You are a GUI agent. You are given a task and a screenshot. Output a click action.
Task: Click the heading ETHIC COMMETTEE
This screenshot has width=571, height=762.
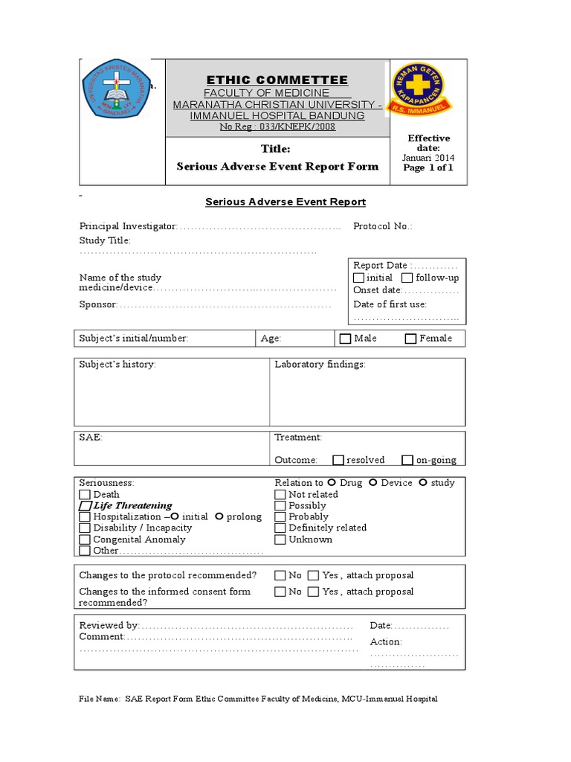pyautogui.click(x=277, y=80)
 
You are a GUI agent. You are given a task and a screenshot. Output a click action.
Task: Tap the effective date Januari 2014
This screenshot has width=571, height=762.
pyautogui.click(x=428, y=158)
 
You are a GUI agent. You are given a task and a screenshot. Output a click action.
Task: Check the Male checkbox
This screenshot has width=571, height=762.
pyautogui.click(x=345, y=339)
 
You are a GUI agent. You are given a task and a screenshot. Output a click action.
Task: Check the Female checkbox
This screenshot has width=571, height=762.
pyautogui.click(x=410, y=339)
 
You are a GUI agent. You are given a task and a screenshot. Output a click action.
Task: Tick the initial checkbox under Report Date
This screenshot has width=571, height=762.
pyautogui.click(x=359, y=278)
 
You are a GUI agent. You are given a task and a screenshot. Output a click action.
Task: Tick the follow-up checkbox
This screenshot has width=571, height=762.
pyautogui.click(x=407, y=278)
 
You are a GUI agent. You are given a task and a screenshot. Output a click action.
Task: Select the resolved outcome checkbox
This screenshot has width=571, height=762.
pyautogui.click(x=338, y=460)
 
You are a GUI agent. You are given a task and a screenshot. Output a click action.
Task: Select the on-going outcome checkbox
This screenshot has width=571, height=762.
pyautogui.click(x=407, y=460)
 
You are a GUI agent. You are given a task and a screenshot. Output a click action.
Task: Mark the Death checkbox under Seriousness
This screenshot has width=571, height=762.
pyautogui.click(x=85, y=494)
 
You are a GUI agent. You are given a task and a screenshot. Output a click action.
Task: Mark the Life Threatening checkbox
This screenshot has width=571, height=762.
pyautogui.click(x=85, y=506)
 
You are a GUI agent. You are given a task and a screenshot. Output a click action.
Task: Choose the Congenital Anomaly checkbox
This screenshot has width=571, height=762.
pyautogui.click(x=85, y=540)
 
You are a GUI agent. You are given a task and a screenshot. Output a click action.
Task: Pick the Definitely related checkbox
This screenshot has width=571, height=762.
pyautogui.click(x=280, y=528)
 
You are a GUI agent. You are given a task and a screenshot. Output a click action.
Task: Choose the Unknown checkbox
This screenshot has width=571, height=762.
pyautogui.click(x=280, y=540)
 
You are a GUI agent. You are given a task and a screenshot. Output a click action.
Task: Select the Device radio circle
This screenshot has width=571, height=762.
pyautogui.click(x=373, y=482)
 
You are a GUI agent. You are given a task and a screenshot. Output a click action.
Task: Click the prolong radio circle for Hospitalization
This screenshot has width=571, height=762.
pyautogui.click(x=219, y=516)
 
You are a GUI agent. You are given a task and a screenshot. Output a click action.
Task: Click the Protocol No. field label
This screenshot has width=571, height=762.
pyautogui.click(x=382, y=226)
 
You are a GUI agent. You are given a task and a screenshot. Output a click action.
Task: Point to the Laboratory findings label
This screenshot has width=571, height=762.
pyautogui.click(x=320, y=365)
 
